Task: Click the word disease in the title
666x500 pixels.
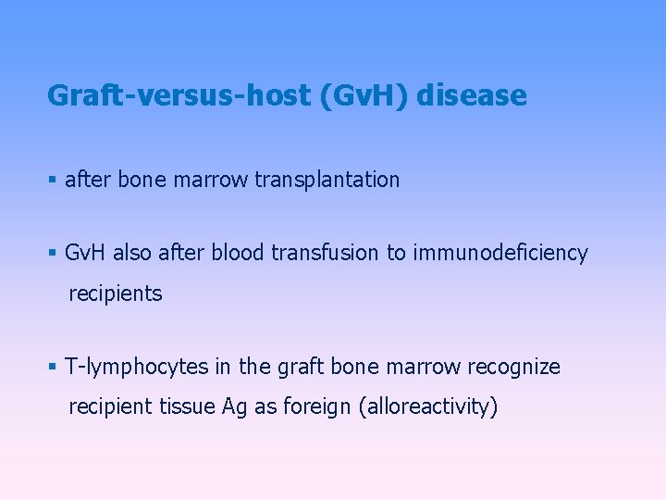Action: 472,95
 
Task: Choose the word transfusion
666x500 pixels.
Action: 327,254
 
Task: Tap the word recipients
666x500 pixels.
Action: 115,294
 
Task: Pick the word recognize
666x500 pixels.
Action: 513,367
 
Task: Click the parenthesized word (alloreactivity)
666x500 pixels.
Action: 428,407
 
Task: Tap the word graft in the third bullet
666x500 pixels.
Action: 301,367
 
